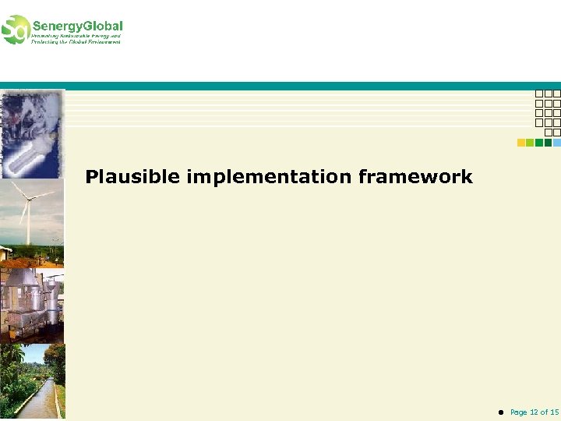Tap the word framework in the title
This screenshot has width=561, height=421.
(x=415, y=178)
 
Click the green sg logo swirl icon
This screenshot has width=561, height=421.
(x=15, y=30)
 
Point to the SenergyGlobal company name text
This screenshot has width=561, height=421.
(x=77, y=26)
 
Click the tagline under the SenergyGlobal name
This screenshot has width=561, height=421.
(x=76, y=38)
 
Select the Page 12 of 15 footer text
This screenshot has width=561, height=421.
(x=535, y=412)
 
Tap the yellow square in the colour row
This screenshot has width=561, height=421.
(x=521, y=143)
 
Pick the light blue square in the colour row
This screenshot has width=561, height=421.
(x=556, y=143)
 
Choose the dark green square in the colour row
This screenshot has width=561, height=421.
(x=548, y=143)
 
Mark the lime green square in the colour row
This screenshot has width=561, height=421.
(x=530, y=143)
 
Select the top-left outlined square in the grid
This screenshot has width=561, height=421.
(x=539, y=94)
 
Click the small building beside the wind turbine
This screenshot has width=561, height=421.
(x=6, y=253)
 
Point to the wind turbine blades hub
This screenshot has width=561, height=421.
(x=28, y=200)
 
